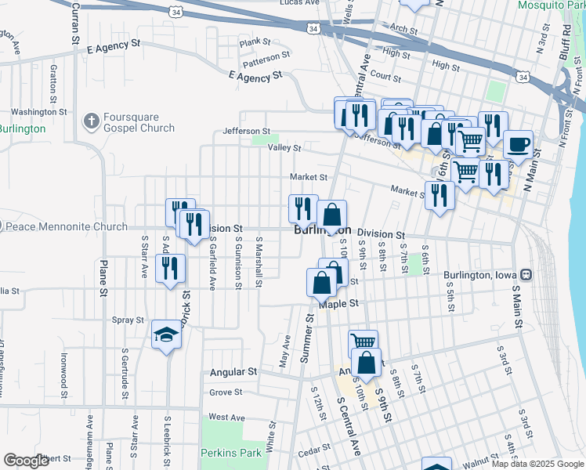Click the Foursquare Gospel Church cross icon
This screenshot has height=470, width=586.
tap(92, 121)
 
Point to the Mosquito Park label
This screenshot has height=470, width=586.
tap(552, 5)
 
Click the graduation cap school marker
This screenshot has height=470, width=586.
tap(166, 334)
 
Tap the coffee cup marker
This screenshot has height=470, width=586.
tap(518, 144)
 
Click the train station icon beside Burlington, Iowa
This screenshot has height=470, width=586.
tap(526, 275)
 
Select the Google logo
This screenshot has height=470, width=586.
tap(27, 461)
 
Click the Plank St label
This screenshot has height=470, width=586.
tap(255, 42)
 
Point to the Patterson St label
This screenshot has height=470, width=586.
tap(266, 58)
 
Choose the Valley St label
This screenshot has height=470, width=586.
tap(284, 147)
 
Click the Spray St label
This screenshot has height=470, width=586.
tap(128, 320)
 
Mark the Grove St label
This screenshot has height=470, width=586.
tap(226, 392)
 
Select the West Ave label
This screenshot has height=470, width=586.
tap(227, 418)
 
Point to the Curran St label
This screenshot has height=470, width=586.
tap(75, 23)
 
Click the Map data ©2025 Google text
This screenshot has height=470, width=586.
tap(536, 464)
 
